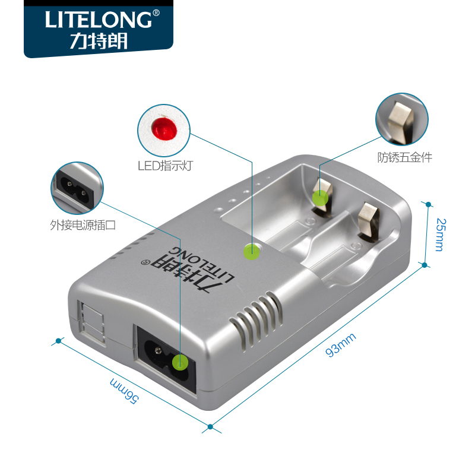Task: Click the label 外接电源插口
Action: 79,225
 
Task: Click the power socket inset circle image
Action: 77,187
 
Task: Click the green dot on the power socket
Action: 180,362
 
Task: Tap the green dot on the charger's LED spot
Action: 252,252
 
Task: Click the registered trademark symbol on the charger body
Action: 142,262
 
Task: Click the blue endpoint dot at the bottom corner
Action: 210,426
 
